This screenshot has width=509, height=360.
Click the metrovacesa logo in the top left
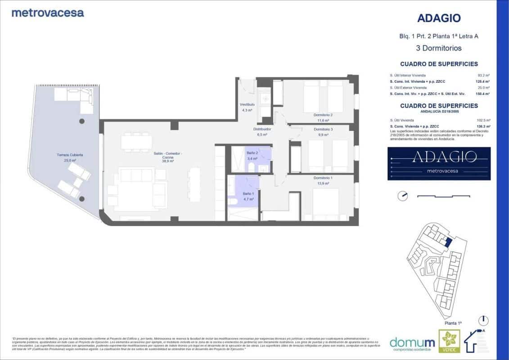(x=48, y=13)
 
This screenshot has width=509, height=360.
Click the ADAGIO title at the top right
(x=439, y=18)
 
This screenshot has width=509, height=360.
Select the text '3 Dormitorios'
(x=439, y=48)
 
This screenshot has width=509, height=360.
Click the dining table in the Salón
(x=135, y=142)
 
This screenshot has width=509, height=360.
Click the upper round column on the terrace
(x=82, y=121)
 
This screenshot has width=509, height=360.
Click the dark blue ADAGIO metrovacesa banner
(x=439, y=163)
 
